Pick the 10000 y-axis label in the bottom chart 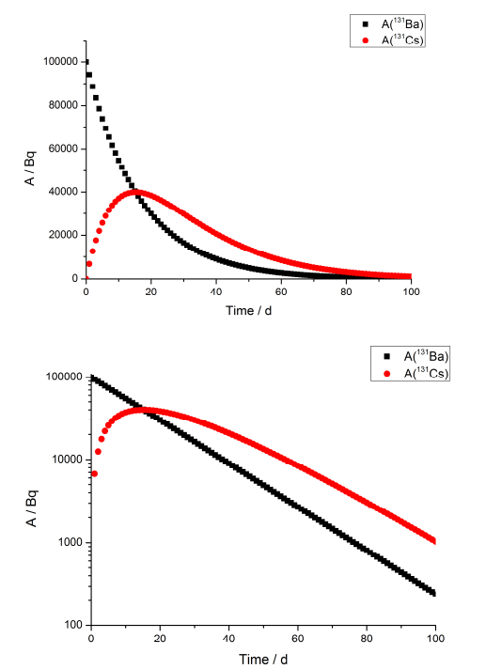pyautogui.click(x=64, y=459)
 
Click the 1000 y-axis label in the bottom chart pyautogui.click(x=67, y=542)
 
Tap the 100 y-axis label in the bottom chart pyautogui.click(x=70, y=625)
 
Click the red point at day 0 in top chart pyautogui.click(x=86, y=278)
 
